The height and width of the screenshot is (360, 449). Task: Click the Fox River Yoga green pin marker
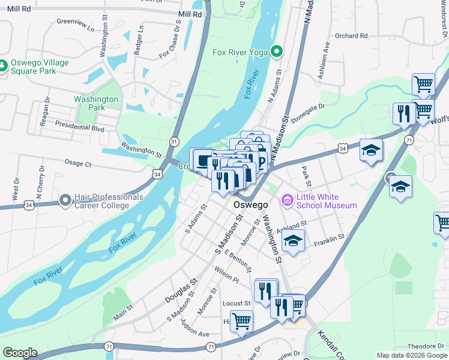point(276,52)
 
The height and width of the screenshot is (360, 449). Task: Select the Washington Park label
point(96,103)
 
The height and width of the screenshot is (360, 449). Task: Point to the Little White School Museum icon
point(287,199)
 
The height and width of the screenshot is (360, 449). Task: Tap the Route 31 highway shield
point(174,141)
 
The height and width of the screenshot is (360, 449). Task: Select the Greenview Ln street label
point(76,25)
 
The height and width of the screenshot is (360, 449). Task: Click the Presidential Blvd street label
point(80,127)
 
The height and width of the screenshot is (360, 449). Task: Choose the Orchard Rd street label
point(351,36)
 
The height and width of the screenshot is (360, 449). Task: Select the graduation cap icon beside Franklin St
point(292,241)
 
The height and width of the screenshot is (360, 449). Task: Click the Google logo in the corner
point(20,352)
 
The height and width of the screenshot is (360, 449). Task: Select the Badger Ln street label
point(140,37)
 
